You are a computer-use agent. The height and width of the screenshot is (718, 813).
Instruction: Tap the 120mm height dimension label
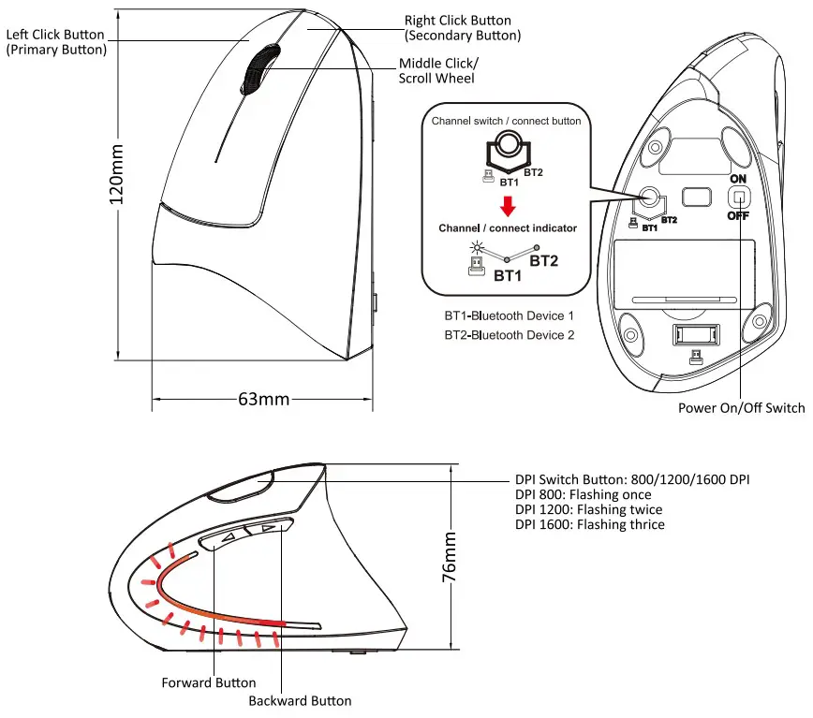pyautogui.click(x=119, y=179)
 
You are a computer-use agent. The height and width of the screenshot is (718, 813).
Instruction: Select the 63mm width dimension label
pyautogui.click(x=263, y=399)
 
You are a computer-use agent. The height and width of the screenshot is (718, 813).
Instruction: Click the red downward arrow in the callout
pyautogui.click(x=507, y=204)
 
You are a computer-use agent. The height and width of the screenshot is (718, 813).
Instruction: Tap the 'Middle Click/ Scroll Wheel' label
pyautogui.click(x=438, y=71)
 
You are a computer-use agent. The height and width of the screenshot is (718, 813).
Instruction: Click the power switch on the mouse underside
pyautogui.click(x=740, y=198)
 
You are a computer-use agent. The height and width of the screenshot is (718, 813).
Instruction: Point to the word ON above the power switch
pyautogui.click(x=740, y=177)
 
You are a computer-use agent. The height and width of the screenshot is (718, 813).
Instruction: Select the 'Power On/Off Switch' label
pyautogui.click(x=741, y=408)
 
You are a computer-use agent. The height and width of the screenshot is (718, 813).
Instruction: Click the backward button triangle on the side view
pyautogui.click(x=268, y=529)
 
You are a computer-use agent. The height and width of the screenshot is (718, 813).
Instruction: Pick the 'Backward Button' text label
pyautogui.click(x=300, y=700)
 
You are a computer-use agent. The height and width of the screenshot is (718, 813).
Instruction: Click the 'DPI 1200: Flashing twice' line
pyautogui.click(x=588, y=510)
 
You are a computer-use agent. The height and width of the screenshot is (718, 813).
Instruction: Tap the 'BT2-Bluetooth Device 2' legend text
pyautogui.click(x=509, y=334)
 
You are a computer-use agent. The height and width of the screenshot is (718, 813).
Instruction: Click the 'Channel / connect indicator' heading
pyautogui.click(x=507, y=227)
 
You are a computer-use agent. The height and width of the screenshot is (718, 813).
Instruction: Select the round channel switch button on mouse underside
pyautogui.click(x=648, y=198)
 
